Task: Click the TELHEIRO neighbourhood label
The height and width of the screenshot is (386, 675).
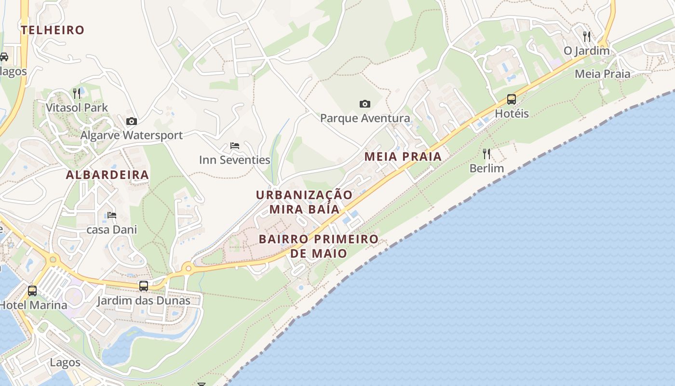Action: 53,30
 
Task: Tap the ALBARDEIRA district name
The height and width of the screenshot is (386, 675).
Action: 107,175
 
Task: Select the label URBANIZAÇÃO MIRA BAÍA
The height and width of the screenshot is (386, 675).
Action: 304,202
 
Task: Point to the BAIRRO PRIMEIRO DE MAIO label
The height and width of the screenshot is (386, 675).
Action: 319,246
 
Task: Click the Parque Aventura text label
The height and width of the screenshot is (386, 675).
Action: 365,118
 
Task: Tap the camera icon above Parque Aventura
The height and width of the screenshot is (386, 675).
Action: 365,104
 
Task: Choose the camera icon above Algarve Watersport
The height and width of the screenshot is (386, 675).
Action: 131,121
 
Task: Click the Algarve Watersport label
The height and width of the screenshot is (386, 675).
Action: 131,135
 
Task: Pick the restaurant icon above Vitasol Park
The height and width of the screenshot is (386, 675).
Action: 77,93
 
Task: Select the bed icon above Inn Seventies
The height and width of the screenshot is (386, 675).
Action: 235,145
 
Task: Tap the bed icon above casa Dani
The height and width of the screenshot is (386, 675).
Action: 112,215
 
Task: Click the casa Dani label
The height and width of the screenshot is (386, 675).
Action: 112,229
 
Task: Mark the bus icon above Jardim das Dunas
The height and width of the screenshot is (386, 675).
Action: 144,286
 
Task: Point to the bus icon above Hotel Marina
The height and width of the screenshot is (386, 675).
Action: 32,291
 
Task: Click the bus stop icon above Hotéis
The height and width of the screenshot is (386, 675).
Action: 512,99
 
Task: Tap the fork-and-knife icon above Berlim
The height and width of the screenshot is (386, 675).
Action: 486,154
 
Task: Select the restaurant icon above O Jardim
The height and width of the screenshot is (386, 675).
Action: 587,36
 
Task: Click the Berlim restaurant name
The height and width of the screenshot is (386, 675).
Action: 486,168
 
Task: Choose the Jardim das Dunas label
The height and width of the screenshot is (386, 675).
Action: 144,301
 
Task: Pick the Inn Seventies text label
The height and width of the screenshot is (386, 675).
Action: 235,160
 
